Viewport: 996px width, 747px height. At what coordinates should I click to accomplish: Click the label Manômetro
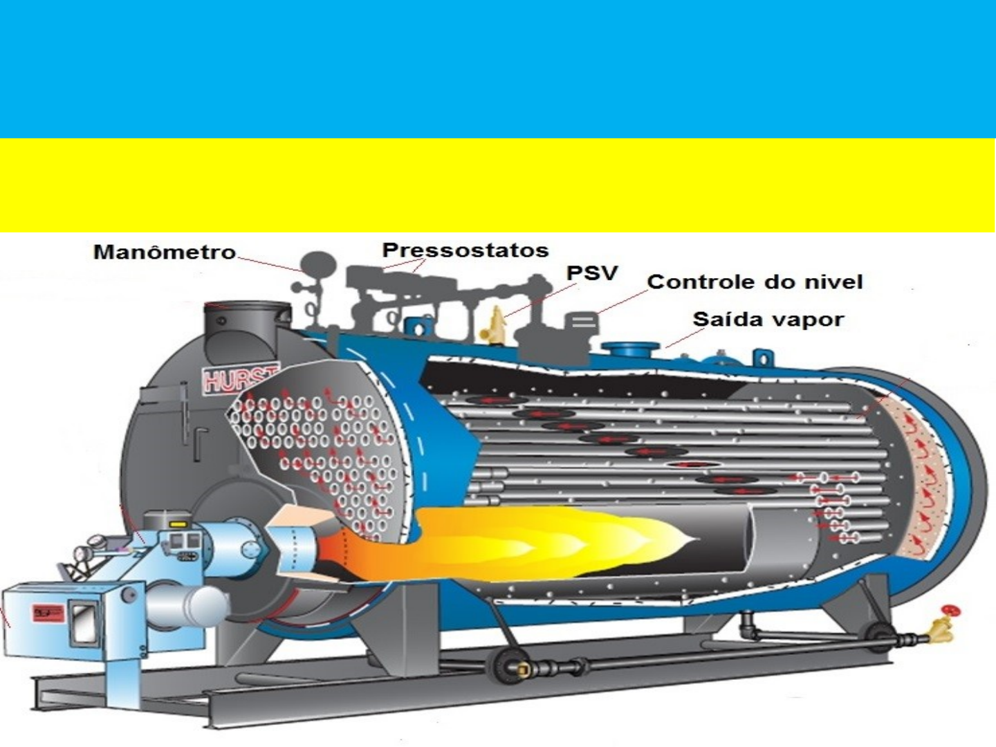(165, 252)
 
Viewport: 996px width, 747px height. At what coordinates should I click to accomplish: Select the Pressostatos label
(465, 250)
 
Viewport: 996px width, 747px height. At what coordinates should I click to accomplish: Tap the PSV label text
(591, 273)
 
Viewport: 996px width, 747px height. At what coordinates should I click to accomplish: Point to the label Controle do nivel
(755, 282)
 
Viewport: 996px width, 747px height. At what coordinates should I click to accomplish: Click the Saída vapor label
(768, 320)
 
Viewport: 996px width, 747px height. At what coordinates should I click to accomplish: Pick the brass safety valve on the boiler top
(497, 323)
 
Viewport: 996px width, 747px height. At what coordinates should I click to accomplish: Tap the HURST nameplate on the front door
(239, 378)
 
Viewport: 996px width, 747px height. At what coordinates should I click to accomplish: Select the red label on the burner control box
(48, 613)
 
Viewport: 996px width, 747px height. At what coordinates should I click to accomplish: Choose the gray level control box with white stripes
(583, 322)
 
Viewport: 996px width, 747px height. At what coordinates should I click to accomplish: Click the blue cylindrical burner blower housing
(228, 546)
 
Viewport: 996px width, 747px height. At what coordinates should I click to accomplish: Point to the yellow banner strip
(498, 185)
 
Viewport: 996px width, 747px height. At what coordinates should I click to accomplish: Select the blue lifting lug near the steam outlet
(761, 357)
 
